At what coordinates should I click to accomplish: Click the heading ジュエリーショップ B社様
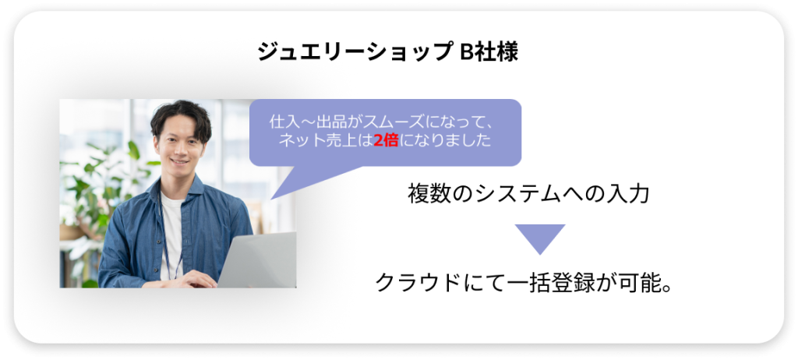point(388,52)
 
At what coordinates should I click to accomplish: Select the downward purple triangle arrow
point(540,238)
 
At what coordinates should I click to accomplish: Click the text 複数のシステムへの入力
point(528,194)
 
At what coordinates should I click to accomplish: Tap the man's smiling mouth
point(178,161)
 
